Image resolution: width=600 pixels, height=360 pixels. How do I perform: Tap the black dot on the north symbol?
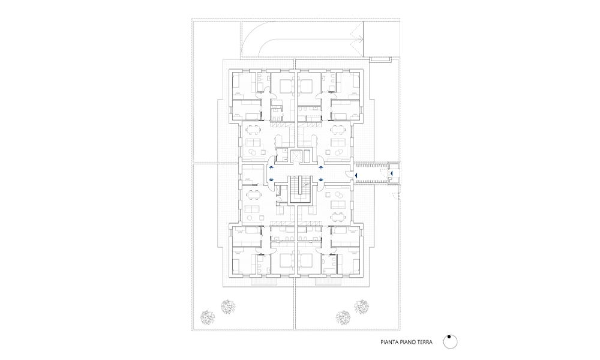click(449, 337)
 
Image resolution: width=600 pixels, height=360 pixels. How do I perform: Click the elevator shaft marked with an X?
click(296, 156)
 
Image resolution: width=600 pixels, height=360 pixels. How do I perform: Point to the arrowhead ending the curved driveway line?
click(359, 38)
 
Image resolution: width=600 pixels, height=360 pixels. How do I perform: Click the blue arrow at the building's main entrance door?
click(355, 175)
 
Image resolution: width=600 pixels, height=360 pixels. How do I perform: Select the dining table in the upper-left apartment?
click(254, 130)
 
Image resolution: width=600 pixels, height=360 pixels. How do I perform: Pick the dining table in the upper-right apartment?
click(338, 130)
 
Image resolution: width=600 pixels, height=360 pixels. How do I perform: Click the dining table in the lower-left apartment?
click(254, 195)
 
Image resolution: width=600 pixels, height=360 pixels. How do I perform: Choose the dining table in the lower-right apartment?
click(338, 217)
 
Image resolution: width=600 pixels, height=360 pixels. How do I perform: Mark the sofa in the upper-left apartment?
click(253, 143)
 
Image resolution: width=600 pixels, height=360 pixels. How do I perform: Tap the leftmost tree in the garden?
click(208, 317)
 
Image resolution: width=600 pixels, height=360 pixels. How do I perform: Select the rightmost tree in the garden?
click(361, 307)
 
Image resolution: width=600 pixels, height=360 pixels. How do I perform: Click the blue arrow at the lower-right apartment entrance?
click(320, 179)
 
